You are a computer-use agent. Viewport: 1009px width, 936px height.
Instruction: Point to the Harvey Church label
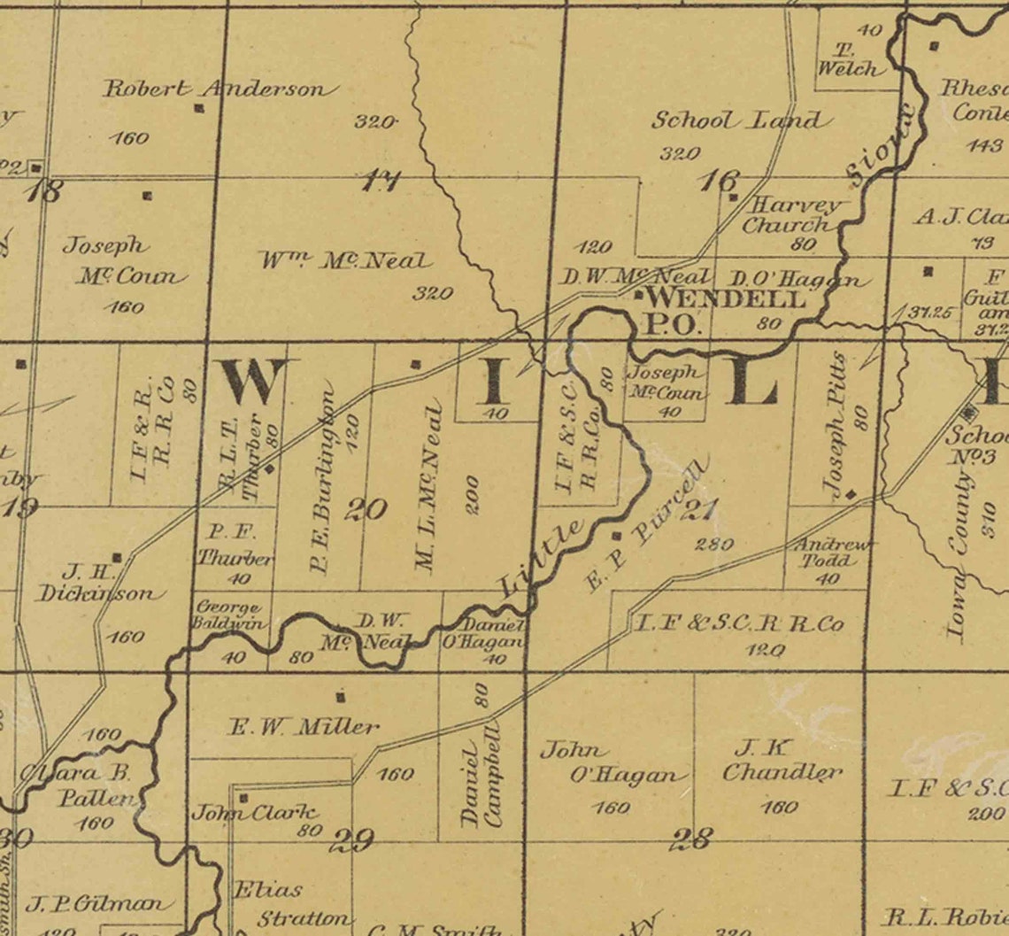[x=792, y=215]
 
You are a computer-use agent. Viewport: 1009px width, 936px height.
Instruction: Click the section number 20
[x=366, y=510]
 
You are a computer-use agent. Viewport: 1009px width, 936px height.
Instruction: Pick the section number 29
[x=351, y=839]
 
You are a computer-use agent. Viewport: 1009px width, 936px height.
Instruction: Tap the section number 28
[x=690, y=839]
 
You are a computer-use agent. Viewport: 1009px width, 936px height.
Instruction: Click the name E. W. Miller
[x=304, y=728]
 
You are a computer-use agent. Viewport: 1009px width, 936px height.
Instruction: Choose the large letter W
[x=253, y=381]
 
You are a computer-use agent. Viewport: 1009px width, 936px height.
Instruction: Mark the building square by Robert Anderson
[x=199, y=108]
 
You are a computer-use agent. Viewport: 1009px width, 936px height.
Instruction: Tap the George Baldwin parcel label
[x=229, y=615]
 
